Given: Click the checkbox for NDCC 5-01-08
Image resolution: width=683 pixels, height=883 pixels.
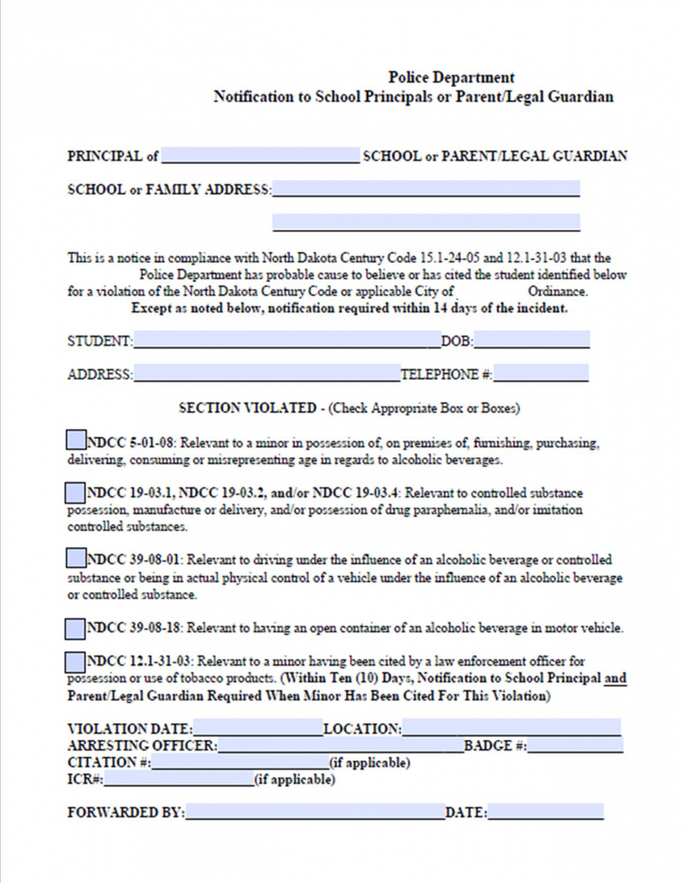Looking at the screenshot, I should (75, 440).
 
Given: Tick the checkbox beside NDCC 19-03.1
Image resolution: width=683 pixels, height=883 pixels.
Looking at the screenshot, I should (75, 492).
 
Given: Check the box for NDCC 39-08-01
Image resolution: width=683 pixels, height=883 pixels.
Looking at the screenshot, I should (75, 558).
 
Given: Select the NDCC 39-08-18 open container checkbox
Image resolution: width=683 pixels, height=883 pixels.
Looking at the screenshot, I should (75, 628).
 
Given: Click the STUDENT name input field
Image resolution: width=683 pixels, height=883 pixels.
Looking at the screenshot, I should (287, 340).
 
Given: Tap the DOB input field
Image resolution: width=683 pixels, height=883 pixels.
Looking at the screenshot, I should (531, 340).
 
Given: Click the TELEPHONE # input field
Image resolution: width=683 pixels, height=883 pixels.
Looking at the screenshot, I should (541, 373).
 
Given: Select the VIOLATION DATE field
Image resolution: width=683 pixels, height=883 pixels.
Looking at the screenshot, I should (258, 728).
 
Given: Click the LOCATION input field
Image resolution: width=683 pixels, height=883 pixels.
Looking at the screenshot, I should (511, 728).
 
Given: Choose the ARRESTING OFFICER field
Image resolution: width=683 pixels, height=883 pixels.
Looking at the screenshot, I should (341, 745).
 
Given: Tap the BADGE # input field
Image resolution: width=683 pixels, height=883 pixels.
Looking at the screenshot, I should (575, 745).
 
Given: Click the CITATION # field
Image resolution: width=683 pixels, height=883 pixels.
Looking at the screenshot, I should (240, 762).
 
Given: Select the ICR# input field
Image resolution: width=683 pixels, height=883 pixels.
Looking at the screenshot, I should (178, 779).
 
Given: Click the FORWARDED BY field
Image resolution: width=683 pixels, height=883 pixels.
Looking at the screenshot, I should (315, 812).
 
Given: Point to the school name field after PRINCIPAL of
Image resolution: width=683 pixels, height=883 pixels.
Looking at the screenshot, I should (260, 155).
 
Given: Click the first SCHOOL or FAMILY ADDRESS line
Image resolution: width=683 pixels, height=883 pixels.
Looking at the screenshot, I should (426, 188).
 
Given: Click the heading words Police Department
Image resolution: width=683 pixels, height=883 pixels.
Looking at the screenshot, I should (451, 77).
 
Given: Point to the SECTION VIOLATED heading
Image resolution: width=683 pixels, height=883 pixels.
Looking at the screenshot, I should (247, 408).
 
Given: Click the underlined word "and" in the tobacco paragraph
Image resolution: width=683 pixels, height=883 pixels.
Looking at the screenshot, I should (615, 678).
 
